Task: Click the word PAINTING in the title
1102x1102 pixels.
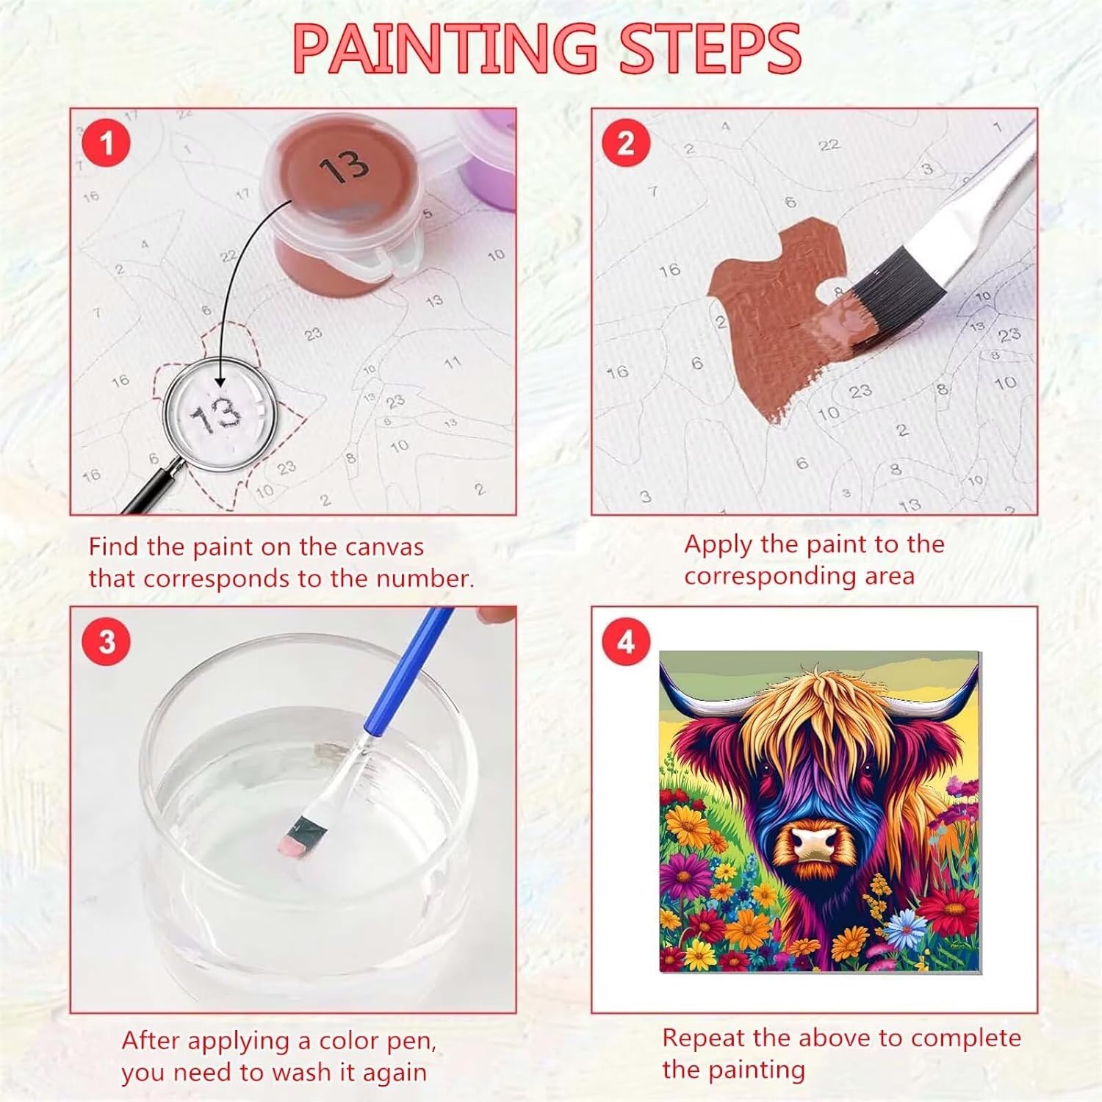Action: pyautogui.click(x=445, y=48)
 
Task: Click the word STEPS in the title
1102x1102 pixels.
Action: pyautogui.click(x=710, y=48)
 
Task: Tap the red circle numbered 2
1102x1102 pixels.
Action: pyautogui.click(x=626, y=143)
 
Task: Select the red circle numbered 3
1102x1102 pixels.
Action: pyautogui.click(x=107, y=641)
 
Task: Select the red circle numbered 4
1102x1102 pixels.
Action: pyautogui.click(x=626, y=641)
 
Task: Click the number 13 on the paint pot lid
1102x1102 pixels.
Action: pyautogui.click(x=344, y=167)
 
